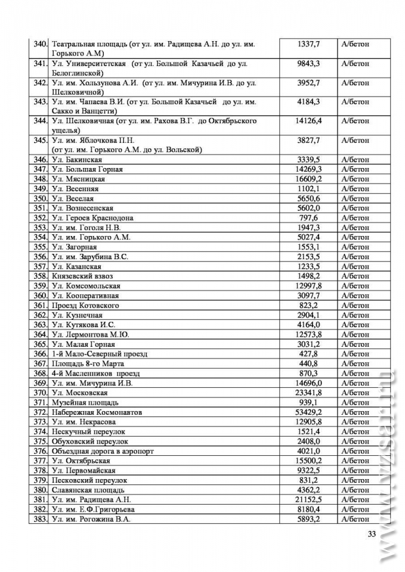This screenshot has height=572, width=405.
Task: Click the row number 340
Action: [x=41, y=43]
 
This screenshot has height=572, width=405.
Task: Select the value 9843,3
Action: [x=308, y=63]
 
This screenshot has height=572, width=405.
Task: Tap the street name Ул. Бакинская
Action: [x=76, y=160]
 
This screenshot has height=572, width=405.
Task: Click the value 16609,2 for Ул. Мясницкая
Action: [x=308, y=179]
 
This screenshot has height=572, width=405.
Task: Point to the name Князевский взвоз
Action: [x=82, y=276]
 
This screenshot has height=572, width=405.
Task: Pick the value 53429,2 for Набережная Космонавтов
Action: [x=308, y=412]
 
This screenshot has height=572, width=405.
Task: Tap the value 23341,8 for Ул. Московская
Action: [x=308, y=393]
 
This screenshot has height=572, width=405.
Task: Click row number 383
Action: [x=41, y=519]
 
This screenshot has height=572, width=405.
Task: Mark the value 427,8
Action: [x=308, y=354]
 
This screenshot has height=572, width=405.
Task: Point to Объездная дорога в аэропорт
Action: [x=103, y=451]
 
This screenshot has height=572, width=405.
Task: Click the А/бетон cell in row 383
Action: [x=355, y=519]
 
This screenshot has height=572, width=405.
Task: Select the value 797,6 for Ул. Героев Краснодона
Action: [x=308, y=217]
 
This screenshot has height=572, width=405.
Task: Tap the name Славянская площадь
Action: [x=87, y=490]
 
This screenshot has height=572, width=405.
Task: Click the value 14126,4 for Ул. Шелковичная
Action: [x=308, y=121]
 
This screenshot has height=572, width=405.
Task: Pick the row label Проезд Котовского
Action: [x=85, y=305]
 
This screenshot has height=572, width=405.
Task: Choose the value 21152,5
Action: [x=308, y=499]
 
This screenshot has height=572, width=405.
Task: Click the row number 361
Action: [x=41, y=305]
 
